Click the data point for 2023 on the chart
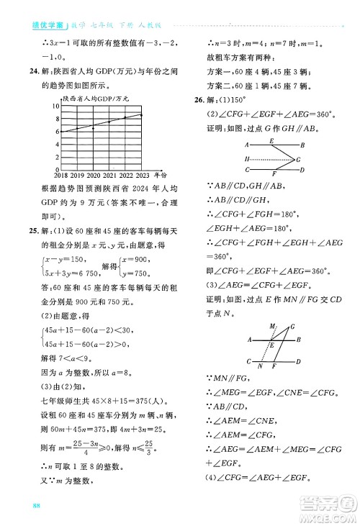(x=142, y=114)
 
